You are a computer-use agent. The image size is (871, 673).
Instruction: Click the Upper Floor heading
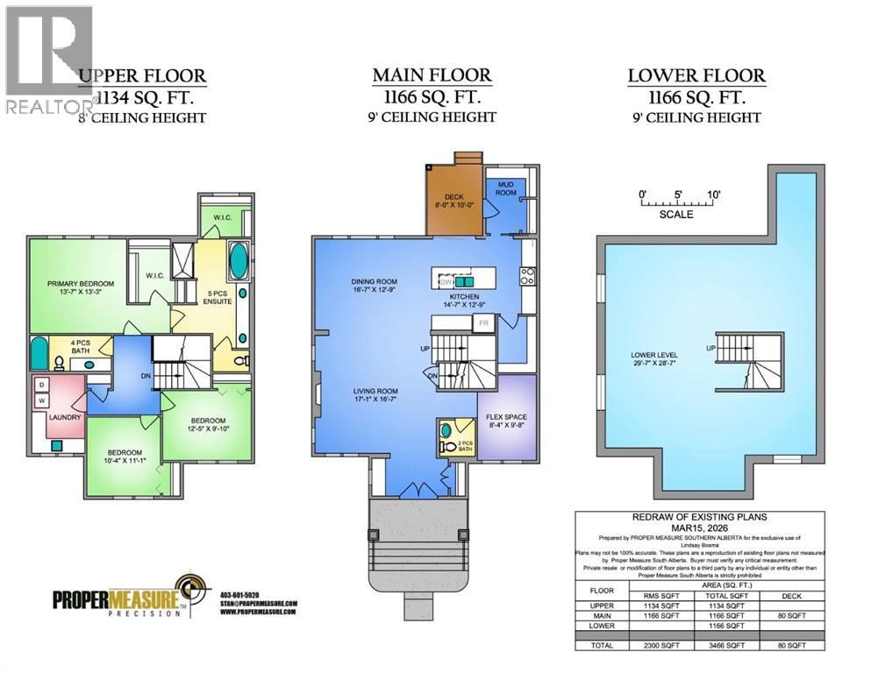pos(142,75)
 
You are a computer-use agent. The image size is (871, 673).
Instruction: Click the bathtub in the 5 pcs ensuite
pos(238,261)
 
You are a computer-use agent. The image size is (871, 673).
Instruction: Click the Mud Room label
pos(506,188)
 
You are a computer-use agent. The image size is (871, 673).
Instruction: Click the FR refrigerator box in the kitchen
pos(482,322)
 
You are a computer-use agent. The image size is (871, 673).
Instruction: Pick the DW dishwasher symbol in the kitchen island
pos(445,281)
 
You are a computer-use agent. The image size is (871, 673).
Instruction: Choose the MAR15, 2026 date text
pos(699,528)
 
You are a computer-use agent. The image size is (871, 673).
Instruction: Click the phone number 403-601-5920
pos(239,594)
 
